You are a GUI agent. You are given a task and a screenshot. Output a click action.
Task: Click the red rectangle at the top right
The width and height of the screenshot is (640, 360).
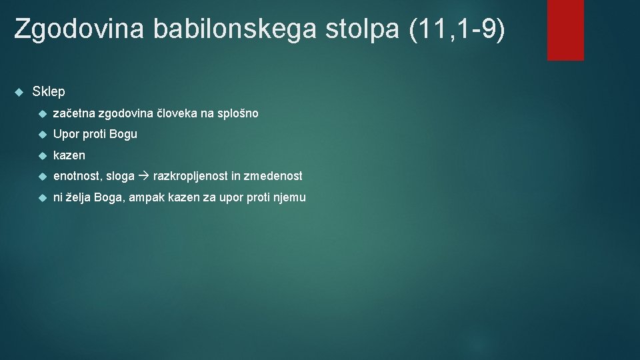point(565,29)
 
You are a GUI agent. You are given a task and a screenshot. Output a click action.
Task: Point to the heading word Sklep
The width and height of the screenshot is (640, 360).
point(49,91)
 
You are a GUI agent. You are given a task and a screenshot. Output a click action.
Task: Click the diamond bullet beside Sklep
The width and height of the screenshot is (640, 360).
point(19,91)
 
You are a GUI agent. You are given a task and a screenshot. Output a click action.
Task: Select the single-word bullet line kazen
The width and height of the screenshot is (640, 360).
point(69,155)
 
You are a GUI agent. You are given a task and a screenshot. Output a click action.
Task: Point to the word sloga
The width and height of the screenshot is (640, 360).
point(120,176)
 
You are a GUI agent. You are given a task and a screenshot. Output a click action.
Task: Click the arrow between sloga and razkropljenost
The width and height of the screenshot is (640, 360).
point(144,176)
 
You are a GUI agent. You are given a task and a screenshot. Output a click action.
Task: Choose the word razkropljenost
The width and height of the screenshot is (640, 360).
point(191,176)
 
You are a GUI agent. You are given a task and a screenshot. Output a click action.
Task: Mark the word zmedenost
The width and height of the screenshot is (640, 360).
point(273,176)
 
